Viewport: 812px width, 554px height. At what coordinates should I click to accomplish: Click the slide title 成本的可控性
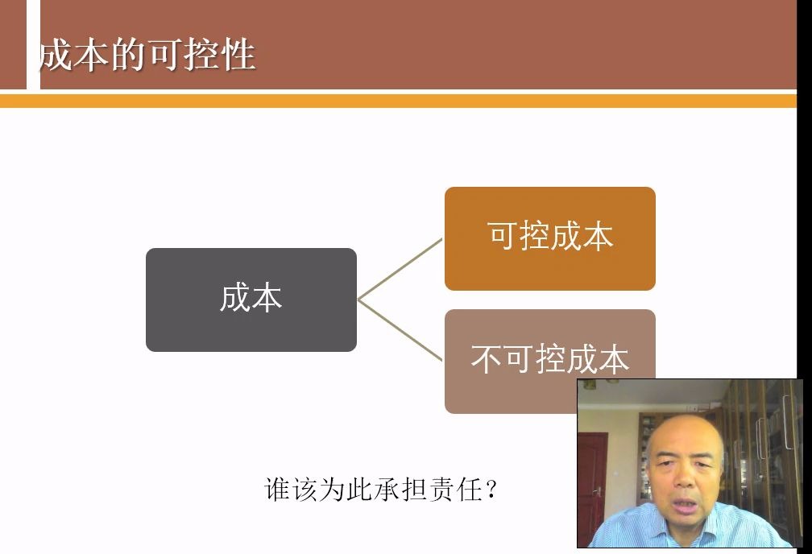tap(147, 55)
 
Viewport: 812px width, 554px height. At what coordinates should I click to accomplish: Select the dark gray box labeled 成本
tap(251, 300)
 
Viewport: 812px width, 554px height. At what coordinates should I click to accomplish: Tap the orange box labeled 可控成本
tap(550, 238)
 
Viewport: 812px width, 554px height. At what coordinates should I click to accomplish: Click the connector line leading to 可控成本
tap(400, 269)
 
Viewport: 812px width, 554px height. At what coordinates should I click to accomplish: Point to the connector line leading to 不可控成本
tap(400, 330)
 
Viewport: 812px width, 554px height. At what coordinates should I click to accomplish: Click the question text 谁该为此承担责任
tap(374, 489)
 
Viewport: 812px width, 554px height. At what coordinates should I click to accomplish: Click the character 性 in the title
tap(238, 55)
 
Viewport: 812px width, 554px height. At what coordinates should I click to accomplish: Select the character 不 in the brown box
tap(487, 359)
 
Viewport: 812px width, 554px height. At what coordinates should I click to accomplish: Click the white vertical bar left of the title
tap(33, 44)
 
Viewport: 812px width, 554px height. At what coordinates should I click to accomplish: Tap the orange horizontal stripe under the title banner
tap(398, 101)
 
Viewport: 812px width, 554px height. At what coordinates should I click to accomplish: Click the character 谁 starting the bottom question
tap(277, 490)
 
